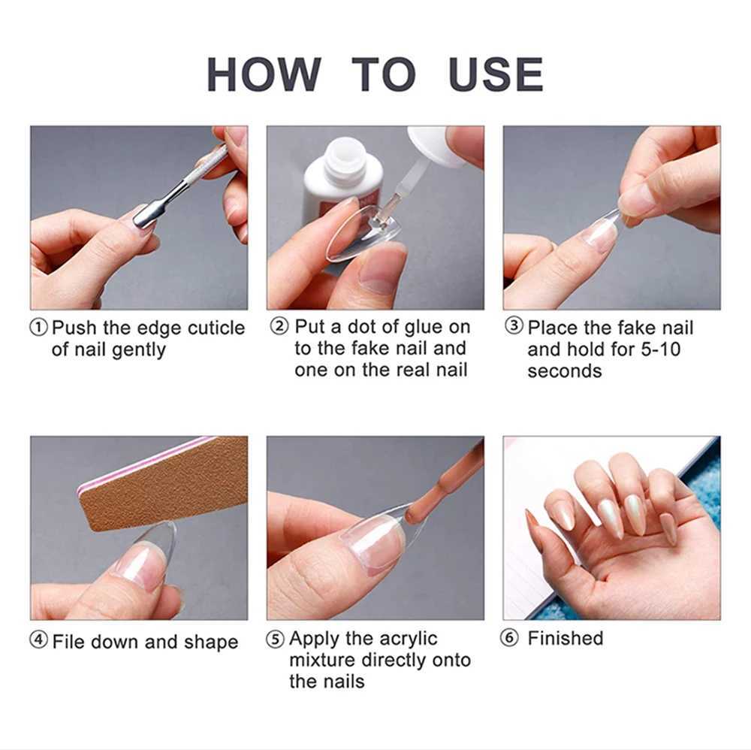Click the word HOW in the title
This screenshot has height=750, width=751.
point(263,74)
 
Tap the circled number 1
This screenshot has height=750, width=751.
point(39,328)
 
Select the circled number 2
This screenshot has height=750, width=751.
point(279,327)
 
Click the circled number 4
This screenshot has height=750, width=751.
point(39,641)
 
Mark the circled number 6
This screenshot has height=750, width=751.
point(510,639)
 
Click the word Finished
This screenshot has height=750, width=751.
point(565,638)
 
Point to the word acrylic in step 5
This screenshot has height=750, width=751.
point(402,639)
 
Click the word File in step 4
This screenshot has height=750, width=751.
point(68,642)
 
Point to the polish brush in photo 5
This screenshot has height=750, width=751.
point(443,489)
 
